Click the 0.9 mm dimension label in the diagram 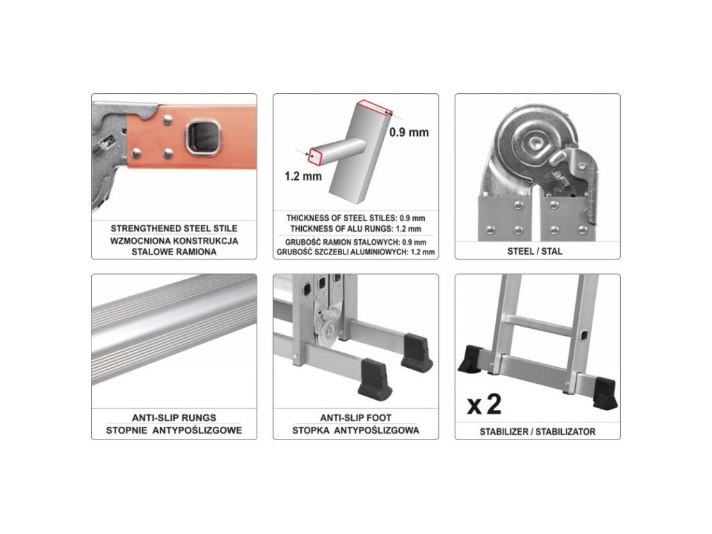[x=409, y=132]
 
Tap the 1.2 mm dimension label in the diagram [x=303, y=176]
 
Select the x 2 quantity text [x=484, y=404]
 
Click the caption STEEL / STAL [x=535, y=251]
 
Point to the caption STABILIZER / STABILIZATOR [x=537, y=431]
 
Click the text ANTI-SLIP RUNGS [x=174, y=417]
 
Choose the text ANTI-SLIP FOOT [x=355, y=417]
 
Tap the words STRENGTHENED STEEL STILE [x=174, y=228]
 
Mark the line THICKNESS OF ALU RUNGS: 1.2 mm [x=355, y=229]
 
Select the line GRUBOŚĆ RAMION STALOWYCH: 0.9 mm [x=355, y=243]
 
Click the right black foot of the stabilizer [x=604, y=393]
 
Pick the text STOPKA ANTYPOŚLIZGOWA [x=355, y=430]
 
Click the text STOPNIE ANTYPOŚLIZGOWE [x=174, y=430]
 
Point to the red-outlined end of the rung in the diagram [x=315, y=156]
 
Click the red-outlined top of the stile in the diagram [x=374, y=107]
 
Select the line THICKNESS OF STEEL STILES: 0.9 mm [x=355, y=218]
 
